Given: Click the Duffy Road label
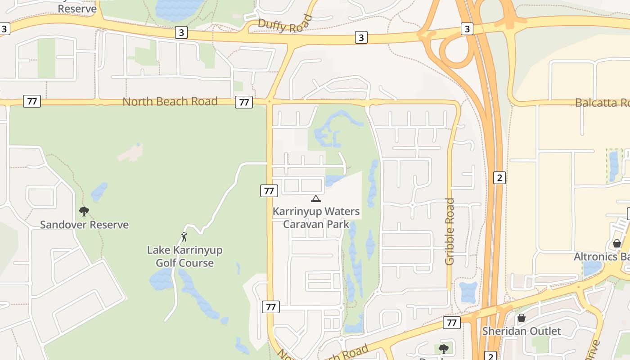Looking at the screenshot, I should click(285, 23).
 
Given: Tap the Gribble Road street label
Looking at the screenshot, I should click(450, 231).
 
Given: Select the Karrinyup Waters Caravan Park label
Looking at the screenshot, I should click(316, 218).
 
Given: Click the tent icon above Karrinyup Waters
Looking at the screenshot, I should click(316, 198).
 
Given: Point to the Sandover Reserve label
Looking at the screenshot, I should click(84, 225).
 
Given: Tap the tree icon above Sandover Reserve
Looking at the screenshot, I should click(84, 211).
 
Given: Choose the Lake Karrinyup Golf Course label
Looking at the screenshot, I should click(184, 256).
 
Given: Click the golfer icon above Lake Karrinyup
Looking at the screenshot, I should click(184, 236).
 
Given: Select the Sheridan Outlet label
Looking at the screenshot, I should click(522, 331).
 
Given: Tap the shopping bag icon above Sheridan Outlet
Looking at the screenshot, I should click(522, 318).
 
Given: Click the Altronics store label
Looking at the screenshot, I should click(601, 256).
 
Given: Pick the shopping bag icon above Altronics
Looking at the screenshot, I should click(616, 243).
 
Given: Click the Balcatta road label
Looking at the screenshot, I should click(602, 103).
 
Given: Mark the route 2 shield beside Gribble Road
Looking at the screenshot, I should click(499, 178).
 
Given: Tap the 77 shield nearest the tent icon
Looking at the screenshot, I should click(269, 191).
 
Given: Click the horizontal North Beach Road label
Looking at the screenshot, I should click(170, 101).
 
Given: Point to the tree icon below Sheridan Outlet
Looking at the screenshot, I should click(444, 349).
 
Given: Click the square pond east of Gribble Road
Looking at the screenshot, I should click(469, 292).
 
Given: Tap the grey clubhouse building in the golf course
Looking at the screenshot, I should click(131, 153).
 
